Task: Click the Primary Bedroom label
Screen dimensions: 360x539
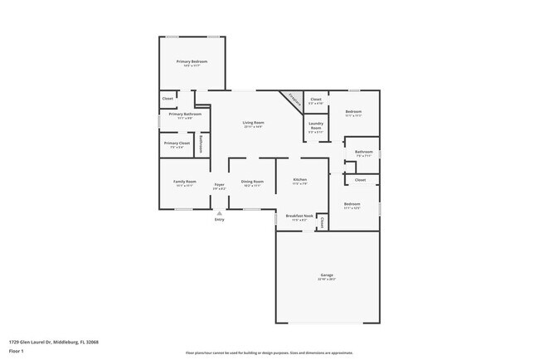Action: pos(192,61)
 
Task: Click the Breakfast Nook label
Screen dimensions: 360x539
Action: pos(299,216)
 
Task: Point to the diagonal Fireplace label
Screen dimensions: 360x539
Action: pos(293,98)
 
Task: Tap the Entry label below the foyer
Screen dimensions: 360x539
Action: pos(219,219)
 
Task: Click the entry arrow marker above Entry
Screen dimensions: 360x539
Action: pos(219,212)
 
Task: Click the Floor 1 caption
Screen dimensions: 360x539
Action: pos(15,352)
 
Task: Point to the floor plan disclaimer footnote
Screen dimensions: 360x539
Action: pos(269,353)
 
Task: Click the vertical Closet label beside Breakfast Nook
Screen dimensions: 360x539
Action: pos(321,221)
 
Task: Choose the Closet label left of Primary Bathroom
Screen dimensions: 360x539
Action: pos(168,99)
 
